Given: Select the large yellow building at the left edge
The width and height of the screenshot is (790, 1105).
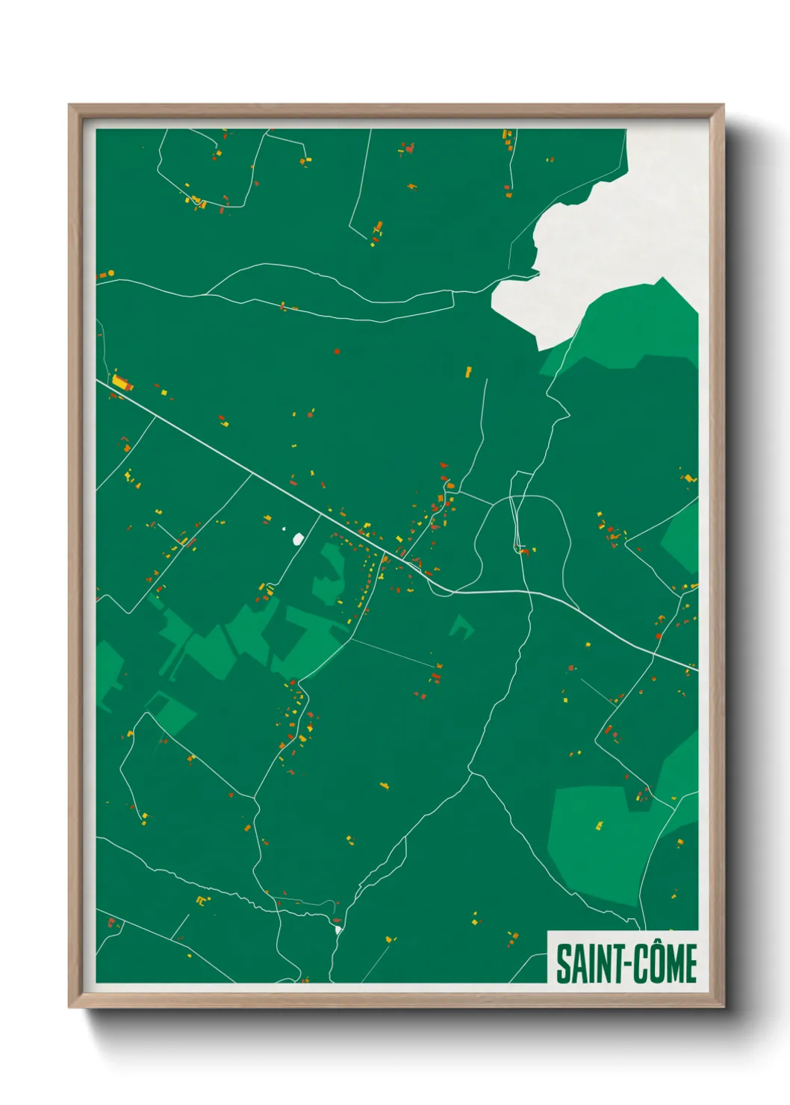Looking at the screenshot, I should click(x=120, y=382).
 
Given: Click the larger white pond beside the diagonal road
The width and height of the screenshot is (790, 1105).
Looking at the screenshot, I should click(x=298, y=538).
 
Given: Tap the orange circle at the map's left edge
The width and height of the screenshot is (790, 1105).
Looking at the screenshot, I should click(x=111, y=274).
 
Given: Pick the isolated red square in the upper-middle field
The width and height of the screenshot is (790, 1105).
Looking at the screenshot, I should click(x=337, y=351).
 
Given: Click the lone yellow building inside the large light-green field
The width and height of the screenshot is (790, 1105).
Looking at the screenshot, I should click(x=599, y=825).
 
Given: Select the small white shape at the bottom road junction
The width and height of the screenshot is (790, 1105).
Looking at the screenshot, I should click(x=338, y=930).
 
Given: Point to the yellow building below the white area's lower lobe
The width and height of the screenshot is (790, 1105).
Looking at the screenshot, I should click(x=469, y=370).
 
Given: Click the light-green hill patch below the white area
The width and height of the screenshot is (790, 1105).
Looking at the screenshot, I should click(x=627, y=329).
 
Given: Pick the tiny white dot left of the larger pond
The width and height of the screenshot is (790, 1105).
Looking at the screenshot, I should click(x=284, y=529).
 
